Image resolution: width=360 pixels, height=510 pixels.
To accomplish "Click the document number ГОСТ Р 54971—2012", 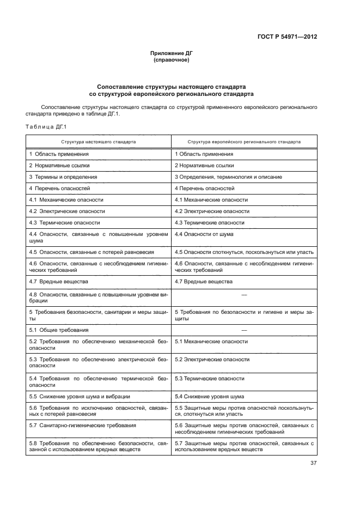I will click(287, 37).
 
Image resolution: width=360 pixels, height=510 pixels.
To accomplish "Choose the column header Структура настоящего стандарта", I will click(99, 141).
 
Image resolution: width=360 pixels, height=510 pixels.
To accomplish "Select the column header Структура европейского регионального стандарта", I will click(244, 141).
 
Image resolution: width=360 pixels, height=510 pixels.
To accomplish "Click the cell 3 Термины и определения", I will click(63, 177).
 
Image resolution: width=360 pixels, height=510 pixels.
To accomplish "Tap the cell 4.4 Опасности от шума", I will click(204, 234).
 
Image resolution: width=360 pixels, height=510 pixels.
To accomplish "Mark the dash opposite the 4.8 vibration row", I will click(244, 294).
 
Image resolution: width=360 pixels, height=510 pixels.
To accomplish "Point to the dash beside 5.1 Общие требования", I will click(244, 330).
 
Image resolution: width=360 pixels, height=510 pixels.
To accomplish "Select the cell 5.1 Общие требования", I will click(58, 330).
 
